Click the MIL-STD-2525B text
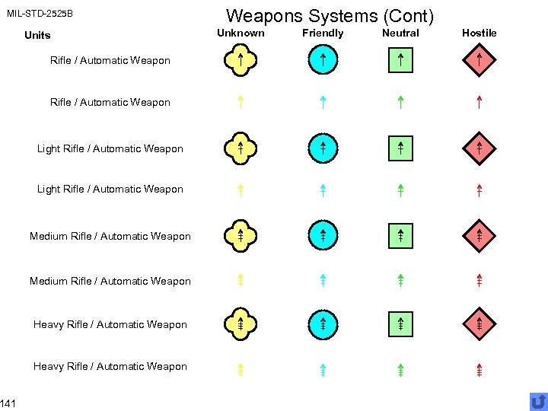(x=40, y=14)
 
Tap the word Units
(x=37, y=35)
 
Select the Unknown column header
(x=241, y=33)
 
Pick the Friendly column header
(x=323, y=33)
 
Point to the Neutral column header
(x=400, y=33)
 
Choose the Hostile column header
(x=479, y=33)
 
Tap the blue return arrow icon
(x=538, y=401)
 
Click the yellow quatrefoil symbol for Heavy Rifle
(x=240, y=324)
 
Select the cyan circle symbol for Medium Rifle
(x=323, y=236)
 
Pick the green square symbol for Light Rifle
(x=400, y=148)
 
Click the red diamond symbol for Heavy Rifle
(x=479, y=324)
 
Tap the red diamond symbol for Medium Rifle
(x=479, y=236)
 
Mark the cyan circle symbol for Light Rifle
(x=323, y=148)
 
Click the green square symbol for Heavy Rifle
(x=400, y=324)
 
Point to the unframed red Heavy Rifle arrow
(x=479, y=368)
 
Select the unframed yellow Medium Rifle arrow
(x=240, y=280)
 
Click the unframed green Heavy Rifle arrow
(x=400, y=368)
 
